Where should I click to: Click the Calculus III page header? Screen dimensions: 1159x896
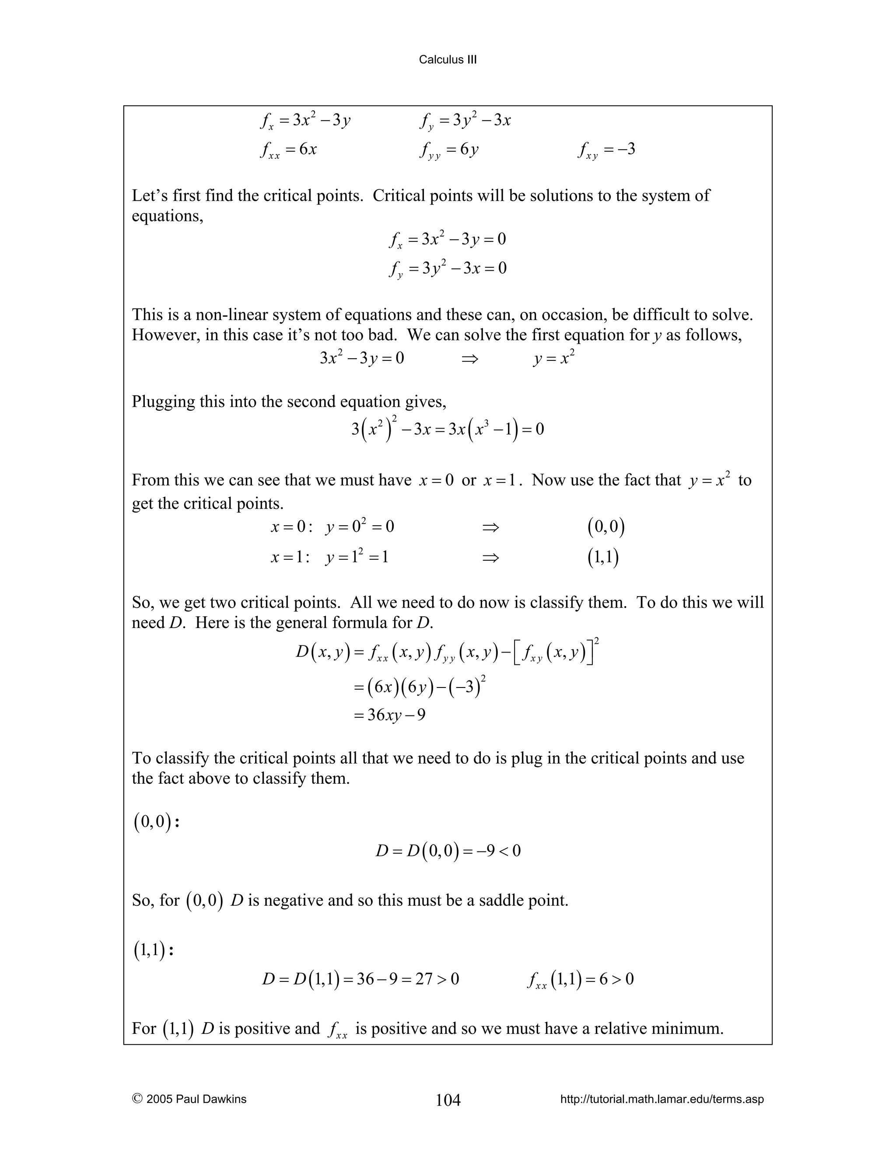pos(448,59)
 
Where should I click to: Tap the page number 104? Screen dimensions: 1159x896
pos(448,1100)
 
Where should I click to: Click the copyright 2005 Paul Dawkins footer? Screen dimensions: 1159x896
pos(189,1099)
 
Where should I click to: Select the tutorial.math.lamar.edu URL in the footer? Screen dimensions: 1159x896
pos(662,1099)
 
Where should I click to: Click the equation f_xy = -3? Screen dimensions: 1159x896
pos(607,150)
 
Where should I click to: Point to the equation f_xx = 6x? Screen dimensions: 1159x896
pos(289,150)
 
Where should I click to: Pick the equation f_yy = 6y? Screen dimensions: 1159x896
pos(449,150)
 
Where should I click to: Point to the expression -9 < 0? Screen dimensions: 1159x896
pos(496,851)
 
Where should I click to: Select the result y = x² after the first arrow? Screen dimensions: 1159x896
pos(554,358)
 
